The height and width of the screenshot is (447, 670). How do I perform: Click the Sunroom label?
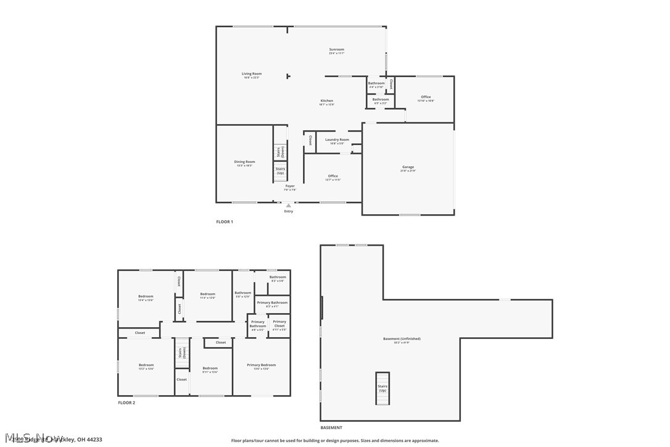point(336,49)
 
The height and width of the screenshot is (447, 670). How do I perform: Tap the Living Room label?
point(251,74)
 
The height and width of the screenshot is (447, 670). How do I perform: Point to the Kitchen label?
point(326,101)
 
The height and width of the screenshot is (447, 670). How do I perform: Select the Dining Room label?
point(245,162)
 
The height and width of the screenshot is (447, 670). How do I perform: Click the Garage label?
point(408,167)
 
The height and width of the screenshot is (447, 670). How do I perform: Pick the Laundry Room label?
point(337,140)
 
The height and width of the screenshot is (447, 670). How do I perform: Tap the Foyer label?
point(289,186)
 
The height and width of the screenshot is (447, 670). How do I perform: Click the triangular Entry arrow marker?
point(288,205)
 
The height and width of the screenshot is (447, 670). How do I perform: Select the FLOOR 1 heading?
point(224,222)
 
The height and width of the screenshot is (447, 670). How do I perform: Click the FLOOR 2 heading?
point(126,403)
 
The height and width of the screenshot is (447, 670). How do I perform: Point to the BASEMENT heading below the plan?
point(331,428)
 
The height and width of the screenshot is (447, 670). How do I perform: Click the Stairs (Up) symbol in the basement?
point(383,389)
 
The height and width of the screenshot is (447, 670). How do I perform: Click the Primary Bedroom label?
point(262,365)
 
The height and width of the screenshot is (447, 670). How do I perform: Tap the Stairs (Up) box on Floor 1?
point(280,171)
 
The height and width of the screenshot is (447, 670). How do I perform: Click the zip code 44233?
point(94,440)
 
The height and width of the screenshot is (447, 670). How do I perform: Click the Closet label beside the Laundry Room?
point(310,140)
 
